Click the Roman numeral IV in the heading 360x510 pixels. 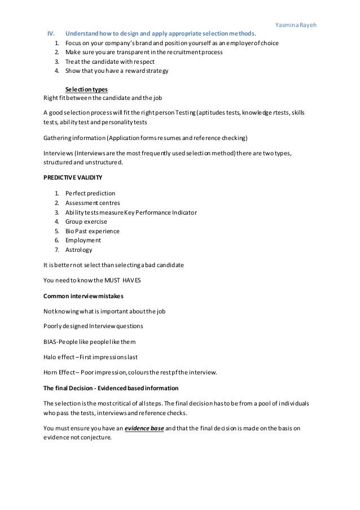click(50, 33)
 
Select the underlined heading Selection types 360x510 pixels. click(86, 89)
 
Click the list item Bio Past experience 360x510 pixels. click(93, 231)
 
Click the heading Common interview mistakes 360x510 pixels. click(84, 295)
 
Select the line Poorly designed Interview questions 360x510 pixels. click(93, 326)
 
